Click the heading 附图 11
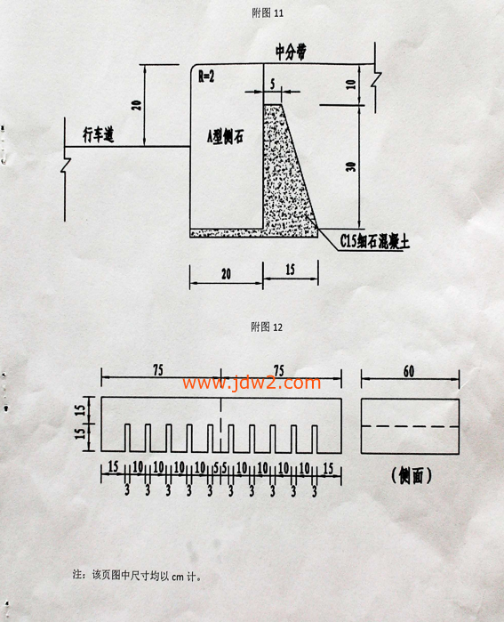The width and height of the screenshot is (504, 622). (268, 13)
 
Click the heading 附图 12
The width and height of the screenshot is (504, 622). (267, 327)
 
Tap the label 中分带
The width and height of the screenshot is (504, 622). (291, 52)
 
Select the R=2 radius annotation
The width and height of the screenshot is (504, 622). (206, 77)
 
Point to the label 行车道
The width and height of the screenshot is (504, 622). (99, 135)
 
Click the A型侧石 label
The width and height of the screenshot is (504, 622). (225, 137)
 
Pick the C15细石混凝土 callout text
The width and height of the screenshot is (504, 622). (374, 241)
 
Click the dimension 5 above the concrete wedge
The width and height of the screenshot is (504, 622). (273, 85)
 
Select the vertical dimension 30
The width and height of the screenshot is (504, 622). (351, 166)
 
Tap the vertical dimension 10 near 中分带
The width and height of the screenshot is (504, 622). (351, 85)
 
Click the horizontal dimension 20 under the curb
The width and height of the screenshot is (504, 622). (226, 274)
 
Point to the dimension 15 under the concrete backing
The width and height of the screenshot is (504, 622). (290, 270)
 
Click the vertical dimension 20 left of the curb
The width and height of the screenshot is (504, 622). (136, 105)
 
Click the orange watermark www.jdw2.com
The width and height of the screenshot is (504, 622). (252, 383)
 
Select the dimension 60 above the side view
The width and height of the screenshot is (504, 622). (409, 371)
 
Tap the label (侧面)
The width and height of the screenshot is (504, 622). (412, 475)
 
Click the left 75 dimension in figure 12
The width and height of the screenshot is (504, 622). (158, 370)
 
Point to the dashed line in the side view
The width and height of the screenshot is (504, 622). (410, 426)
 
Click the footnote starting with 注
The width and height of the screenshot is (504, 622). (137, 575)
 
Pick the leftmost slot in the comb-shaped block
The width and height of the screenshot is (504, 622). (127, 438)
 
